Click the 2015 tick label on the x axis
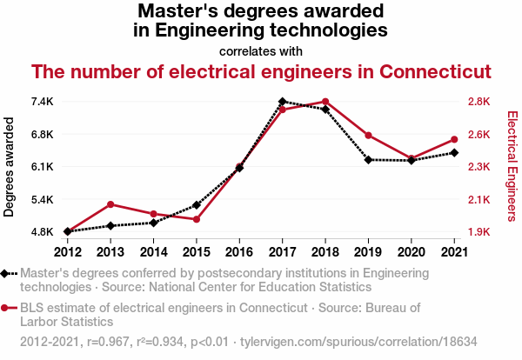tap(197, 252)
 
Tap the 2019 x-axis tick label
tap(368, 252)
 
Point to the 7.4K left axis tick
tap(41, 102)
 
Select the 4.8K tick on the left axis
tap(41, 232)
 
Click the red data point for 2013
tap(110, 204)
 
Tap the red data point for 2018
tap(325, 102)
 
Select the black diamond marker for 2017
tap(283, 102)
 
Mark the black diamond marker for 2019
tap(368, 160)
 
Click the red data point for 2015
tap(197, 219)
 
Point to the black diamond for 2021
tap(454, 153)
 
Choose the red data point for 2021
tap(454, 139)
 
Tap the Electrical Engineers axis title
tap(512, 167)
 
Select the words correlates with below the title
tap(261, 50)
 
